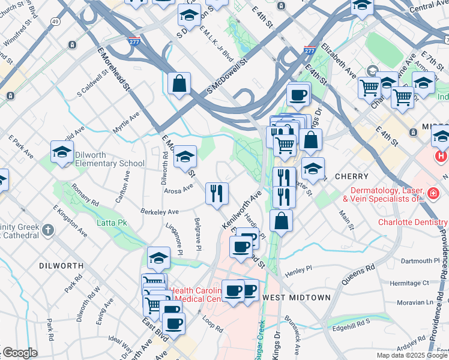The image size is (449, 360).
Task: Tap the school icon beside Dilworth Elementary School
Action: tap(62, 154)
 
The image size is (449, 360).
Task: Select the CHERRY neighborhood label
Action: tap(348, 177)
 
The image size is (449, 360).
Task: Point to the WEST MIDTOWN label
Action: tap(297, 298)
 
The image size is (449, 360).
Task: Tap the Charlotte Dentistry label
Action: tap(413, 221)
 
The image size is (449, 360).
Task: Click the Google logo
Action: tap(19, 353)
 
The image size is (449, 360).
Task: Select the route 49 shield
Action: tap(55, 22)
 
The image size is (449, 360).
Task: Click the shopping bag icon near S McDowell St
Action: tap(179, 84)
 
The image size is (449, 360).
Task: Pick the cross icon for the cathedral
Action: tap(48, 229)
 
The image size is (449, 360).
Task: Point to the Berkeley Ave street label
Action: tap(160, 212)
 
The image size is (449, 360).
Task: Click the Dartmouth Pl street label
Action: tap(420, 261)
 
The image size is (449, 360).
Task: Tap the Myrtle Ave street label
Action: tap(126, 122)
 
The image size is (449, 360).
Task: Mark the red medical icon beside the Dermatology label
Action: tap(432, 193)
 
